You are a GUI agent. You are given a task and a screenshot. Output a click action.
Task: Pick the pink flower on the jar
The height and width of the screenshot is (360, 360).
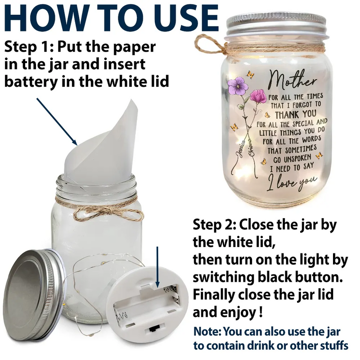(258, 96)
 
